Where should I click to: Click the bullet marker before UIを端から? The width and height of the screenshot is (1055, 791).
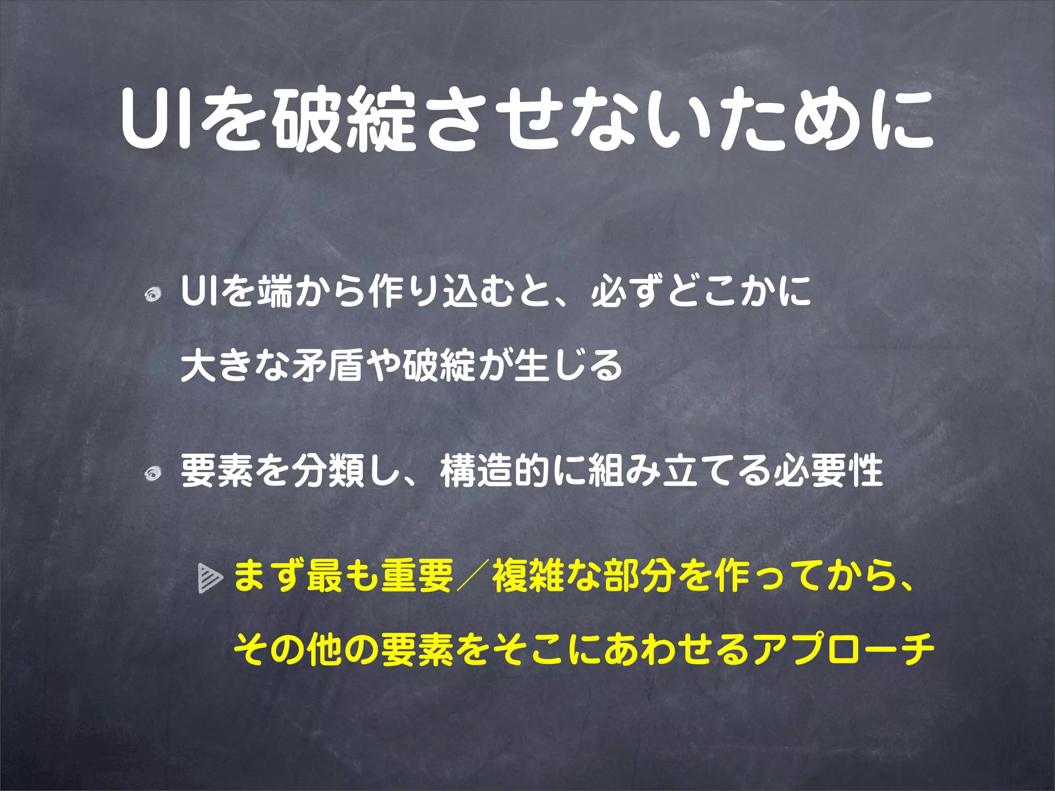(x=154, y=295)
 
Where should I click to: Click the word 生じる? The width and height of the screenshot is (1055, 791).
(x=568, y=365)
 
